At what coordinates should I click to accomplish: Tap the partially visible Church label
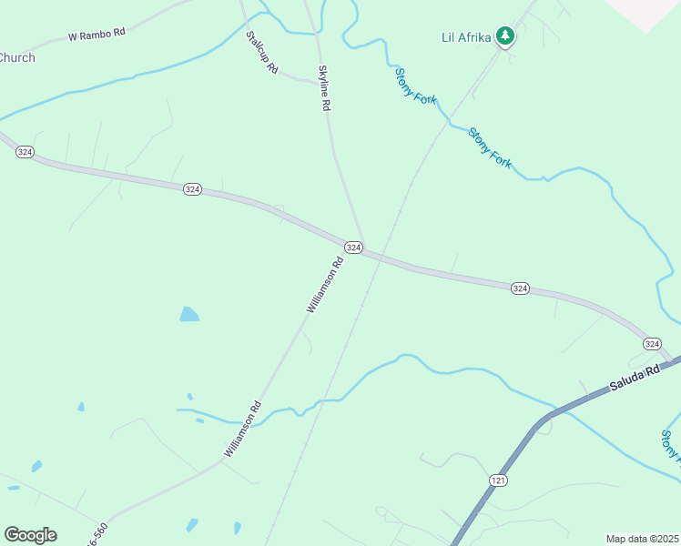click(16, 57)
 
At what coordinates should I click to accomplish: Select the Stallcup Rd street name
click(261, 54)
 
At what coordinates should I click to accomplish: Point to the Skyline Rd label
click(323, 88)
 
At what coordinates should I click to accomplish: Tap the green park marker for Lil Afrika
click(505, 36)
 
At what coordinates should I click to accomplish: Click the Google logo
click(30, 535)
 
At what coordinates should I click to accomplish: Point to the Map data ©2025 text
click(642, 539)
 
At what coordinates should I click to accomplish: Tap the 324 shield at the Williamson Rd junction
click(353, 248)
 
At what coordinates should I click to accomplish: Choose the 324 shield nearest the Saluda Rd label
click(652, 343)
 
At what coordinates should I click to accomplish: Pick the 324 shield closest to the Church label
click(25, 152)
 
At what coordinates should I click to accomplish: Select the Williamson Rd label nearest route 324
click(324, 286)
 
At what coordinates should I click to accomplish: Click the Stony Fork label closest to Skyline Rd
click(416, 86)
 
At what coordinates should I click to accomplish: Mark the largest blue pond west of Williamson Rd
click(188, 315)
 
